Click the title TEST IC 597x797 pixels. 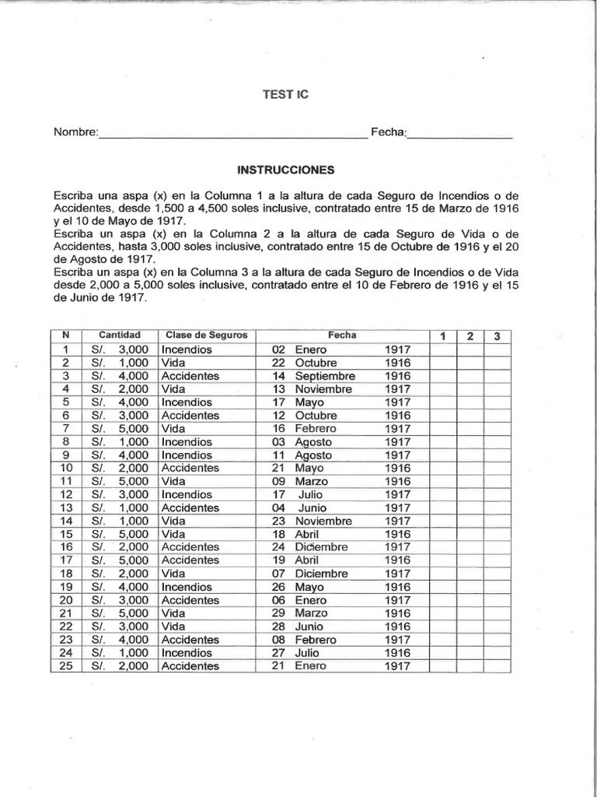(x=285, y=94)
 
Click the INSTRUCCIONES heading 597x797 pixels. (x=285, y=169)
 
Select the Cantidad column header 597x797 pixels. (x=119, y=335)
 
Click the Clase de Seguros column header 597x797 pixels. (x=206, y=335)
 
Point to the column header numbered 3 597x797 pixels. (x=497, y=336)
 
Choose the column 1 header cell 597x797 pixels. (x=443, y=336)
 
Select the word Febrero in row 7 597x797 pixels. (x=316, y=429)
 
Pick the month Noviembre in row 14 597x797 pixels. (x=323, y=521)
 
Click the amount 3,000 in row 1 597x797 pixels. (x=133, y=349)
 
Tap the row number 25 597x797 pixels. (x=66, y=666)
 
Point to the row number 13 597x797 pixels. (x=66, y=507)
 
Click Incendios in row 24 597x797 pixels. (x=187, y=653)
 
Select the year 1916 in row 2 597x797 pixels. (x=397, y=363)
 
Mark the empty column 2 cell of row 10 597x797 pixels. (x=470, y=468)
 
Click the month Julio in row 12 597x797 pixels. (x=312, y=494)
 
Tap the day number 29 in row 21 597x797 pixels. (x=279, y=613)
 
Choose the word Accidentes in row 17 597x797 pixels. (x=190, y=560)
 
